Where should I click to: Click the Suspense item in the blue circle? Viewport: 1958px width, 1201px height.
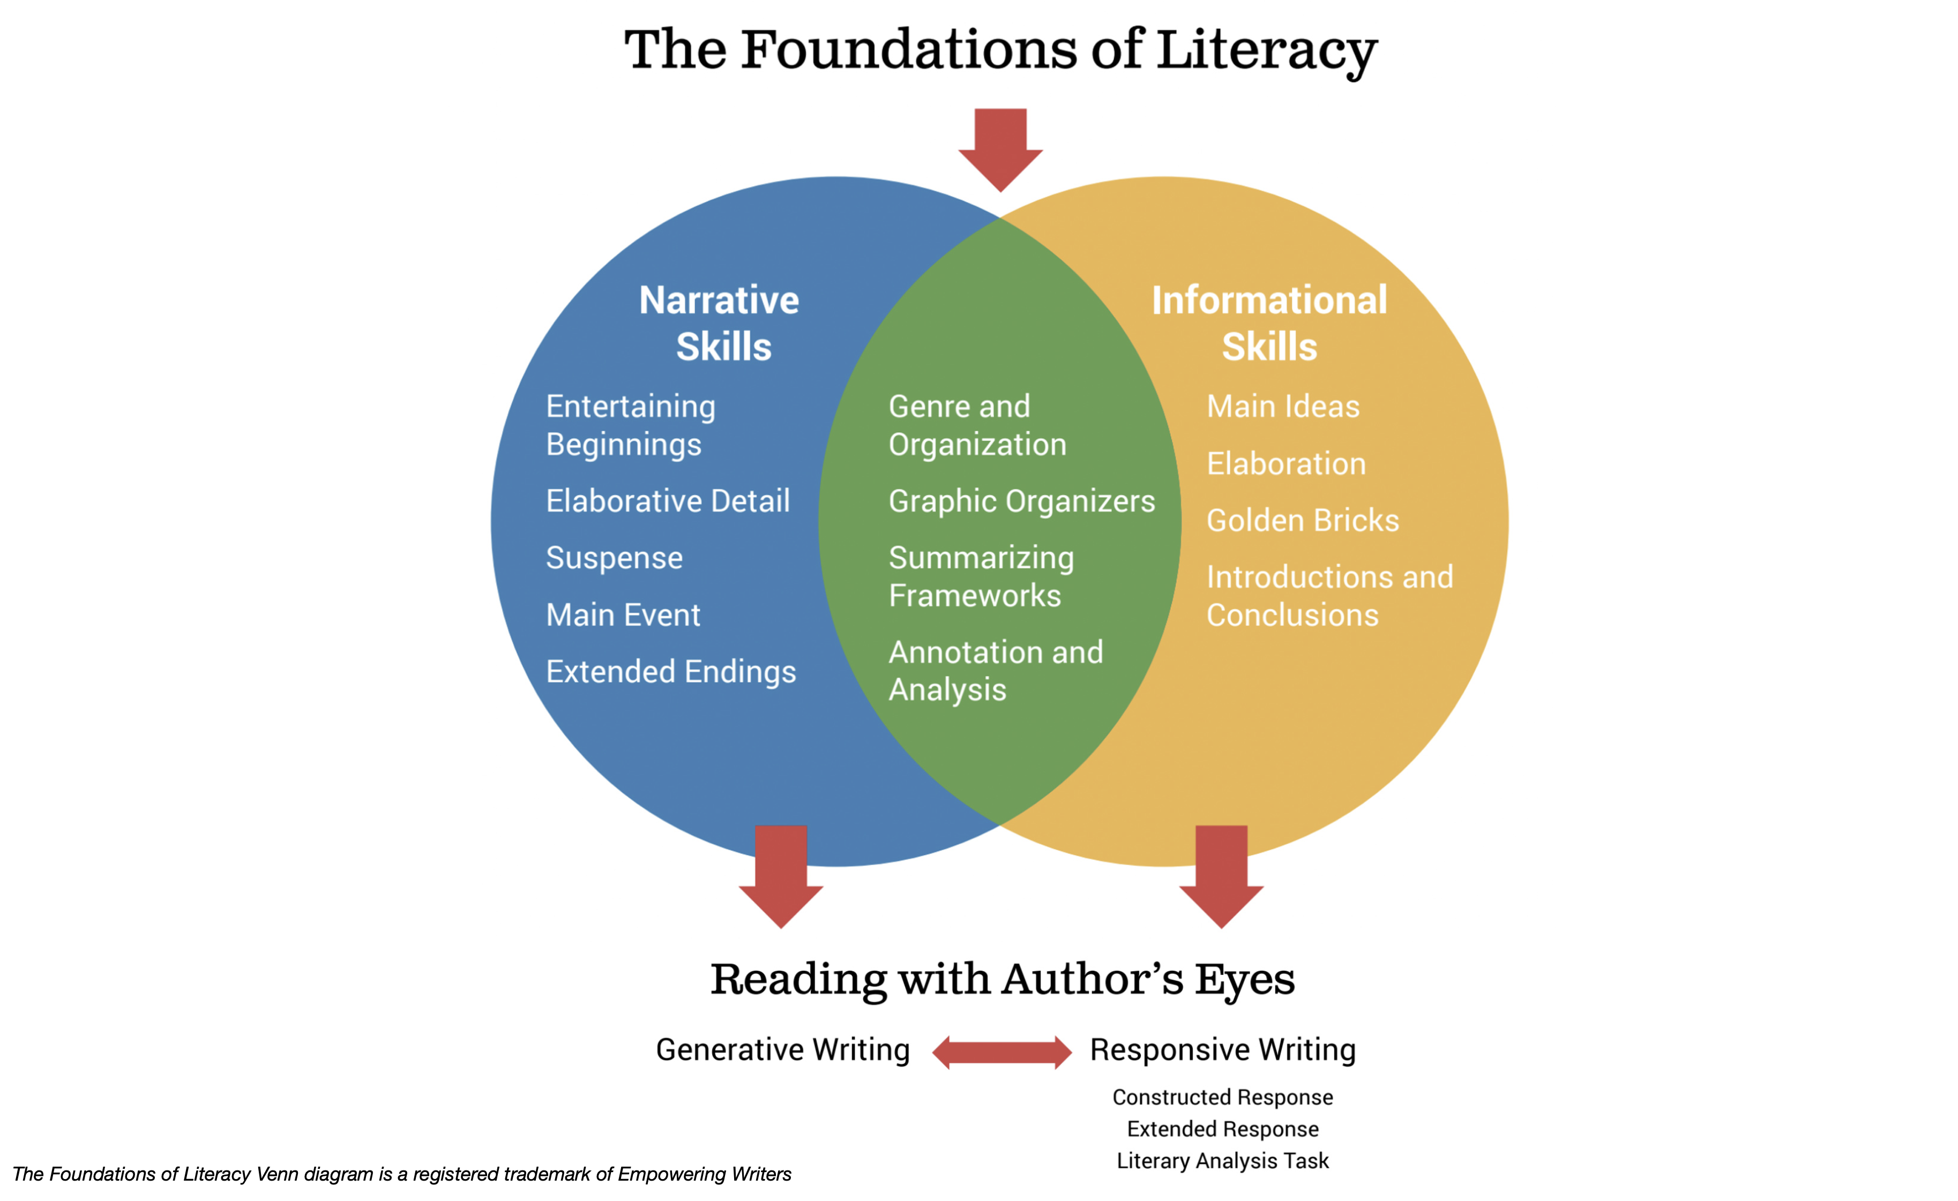click(614, 558)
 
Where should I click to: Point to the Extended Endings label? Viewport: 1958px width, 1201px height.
click(671, 672)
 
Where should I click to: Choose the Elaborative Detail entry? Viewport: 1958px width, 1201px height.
click(668, 501)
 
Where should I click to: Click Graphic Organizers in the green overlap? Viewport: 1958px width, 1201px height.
click(1021, 501)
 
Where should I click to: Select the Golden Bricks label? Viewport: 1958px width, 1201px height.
click(1303, 520)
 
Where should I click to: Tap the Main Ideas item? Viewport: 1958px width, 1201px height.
click(1282, 407)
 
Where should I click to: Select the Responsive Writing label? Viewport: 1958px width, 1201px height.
click(1222, 1049)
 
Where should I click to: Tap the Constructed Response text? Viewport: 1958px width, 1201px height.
click(1222, 1097)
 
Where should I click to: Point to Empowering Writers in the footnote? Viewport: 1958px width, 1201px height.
click(704, 1174)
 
